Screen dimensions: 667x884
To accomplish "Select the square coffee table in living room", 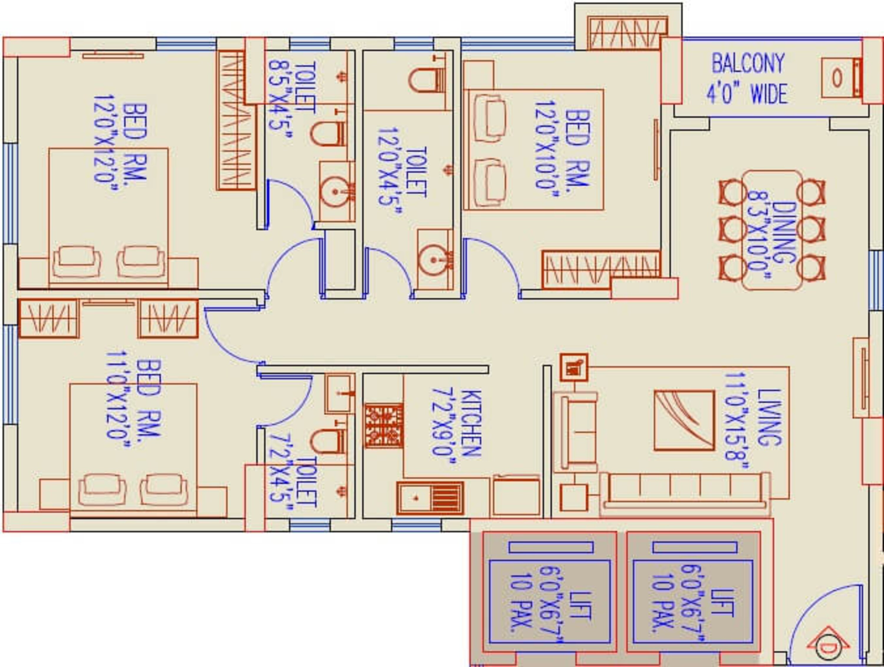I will [x=684, y=420].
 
